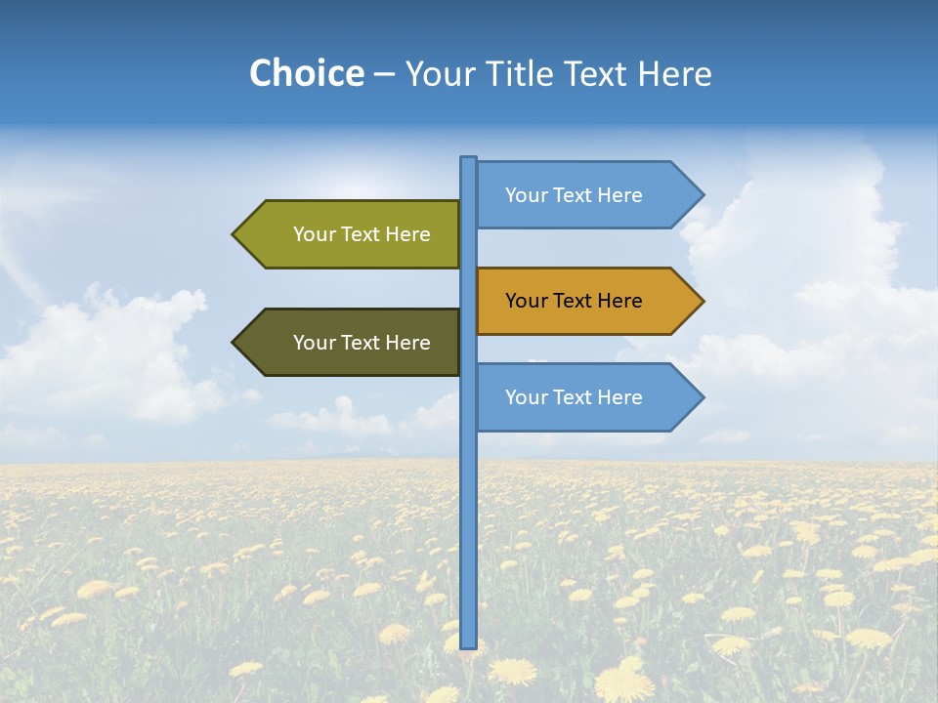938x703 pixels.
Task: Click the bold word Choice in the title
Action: click(x=306, y=74)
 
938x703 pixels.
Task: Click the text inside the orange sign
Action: click(x=574, y=301)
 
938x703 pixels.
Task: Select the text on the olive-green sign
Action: click(x=362, y=234)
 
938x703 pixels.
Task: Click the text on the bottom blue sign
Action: click(x=574, y=397)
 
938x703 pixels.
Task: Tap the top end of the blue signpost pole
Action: click(x=469, y=159)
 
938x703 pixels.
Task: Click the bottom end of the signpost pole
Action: click(x=469, y=645)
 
